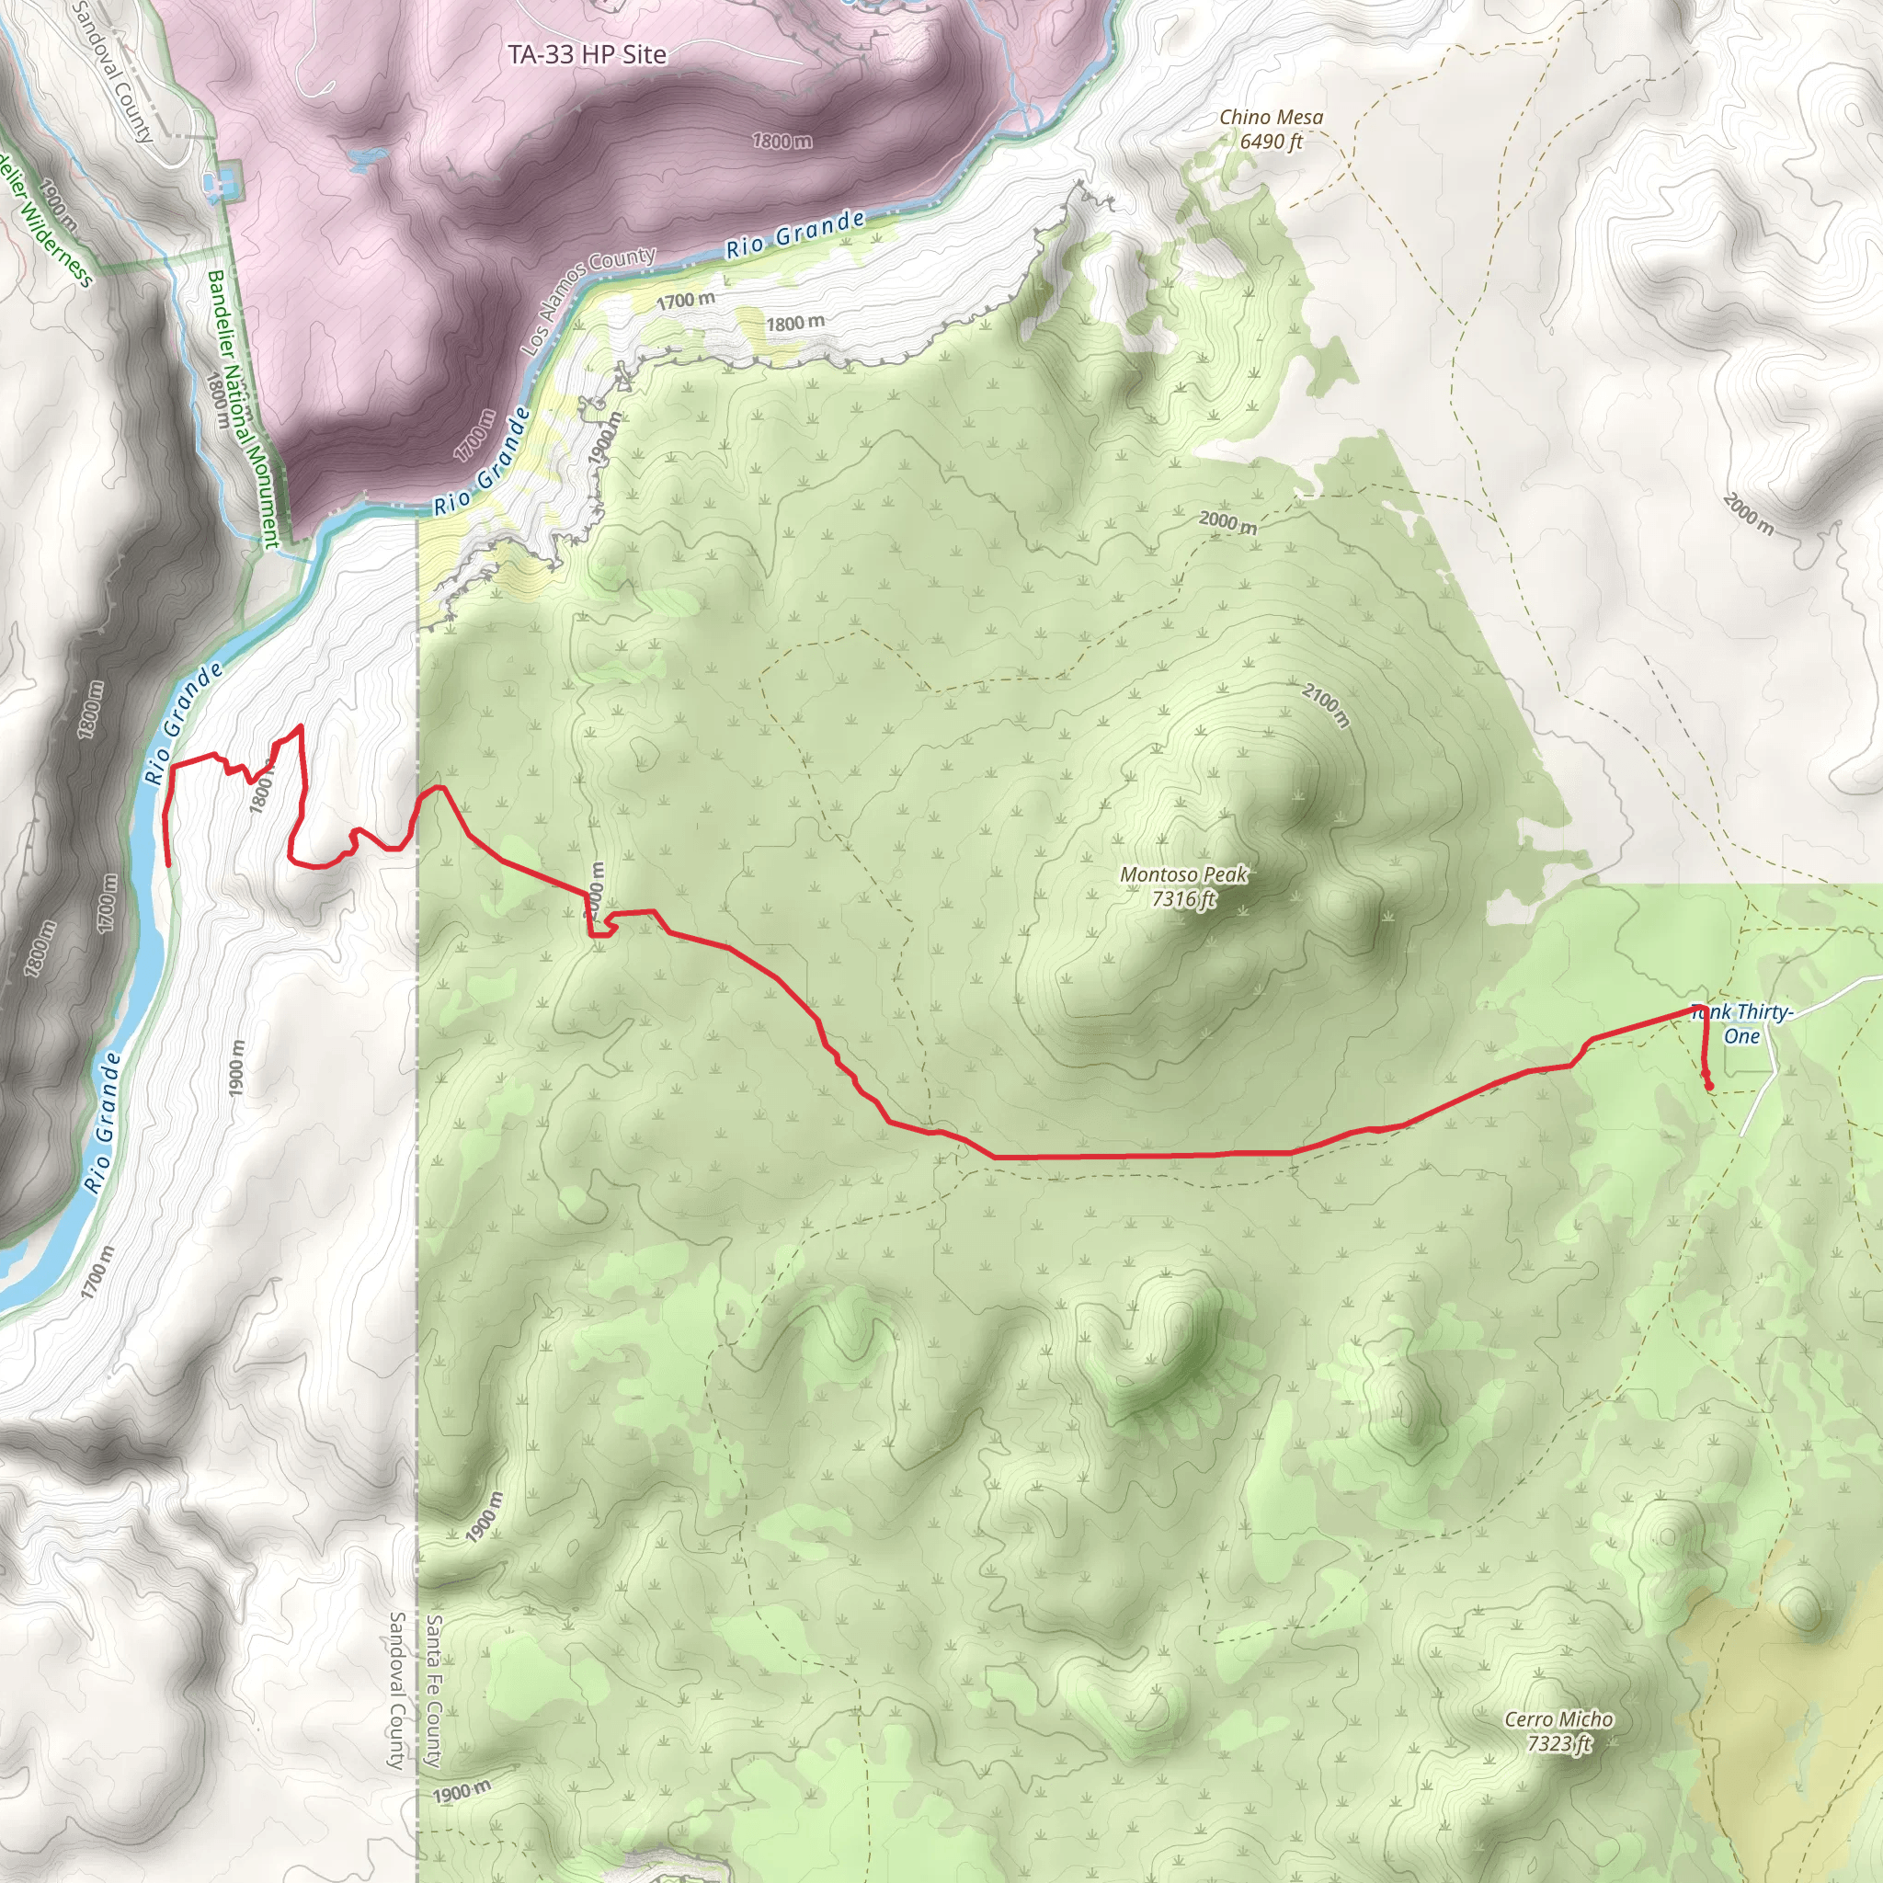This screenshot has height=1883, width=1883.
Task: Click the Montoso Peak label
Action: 1183,874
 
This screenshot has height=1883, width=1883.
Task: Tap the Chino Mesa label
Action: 1271,117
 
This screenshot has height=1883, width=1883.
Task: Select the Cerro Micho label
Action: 1558,1719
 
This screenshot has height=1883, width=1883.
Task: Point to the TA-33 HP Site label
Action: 587,54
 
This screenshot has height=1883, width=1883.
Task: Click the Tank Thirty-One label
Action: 1742,1024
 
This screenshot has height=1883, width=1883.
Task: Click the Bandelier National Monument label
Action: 243,408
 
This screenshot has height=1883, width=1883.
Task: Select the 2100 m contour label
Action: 1327,704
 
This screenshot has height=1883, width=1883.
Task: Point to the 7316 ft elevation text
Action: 1183,898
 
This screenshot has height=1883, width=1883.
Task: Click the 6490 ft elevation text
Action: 1271,143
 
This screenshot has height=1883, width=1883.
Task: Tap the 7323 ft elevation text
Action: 1559,1743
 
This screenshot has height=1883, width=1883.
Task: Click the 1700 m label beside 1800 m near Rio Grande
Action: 685,302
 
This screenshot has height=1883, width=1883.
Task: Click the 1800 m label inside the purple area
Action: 782,142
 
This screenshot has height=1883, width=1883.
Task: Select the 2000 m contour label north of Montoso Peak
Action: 1227,522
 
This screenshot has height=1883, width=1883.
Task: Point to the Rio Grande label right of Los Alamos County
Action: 795,234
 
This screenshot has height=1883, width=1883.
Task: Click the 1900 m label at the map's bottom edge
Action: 461,1791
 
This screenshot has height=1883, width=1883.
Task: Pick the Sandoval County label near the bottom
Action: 396,1690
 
